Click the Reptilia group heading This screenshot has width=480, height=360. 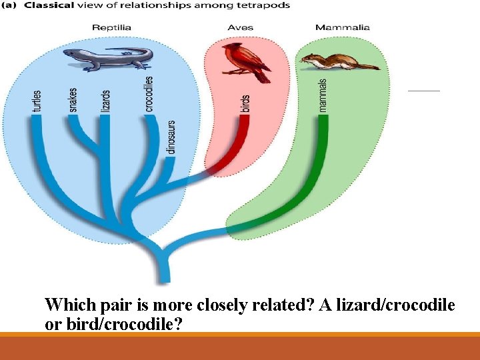pos(111,27)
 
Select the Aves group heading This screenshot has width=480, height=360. pos(241,27)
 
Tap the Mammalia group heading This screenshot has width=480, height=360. pos(342,27)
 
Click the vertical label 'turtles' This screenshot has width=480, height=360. pos(37,101)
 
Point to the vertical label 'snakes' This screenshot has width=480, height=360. pos(73,100)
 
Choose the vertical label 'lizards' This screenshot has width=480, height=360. pos(105,100)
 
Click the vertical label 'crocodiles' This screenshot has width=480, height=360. pos(149,93)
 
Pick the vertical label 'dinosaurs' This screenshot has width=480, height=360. pos(171,137)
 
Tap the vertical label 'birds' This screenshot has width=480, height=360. pos(245,103)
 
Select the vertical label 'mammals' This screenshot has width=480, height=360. pos(323,95)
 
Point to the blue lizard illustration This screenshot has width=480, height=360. pos(107,59)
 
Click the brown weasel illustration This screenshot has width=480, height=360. pos(337,62)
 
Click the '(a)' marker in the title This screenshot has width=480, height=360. pos(11,5)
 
